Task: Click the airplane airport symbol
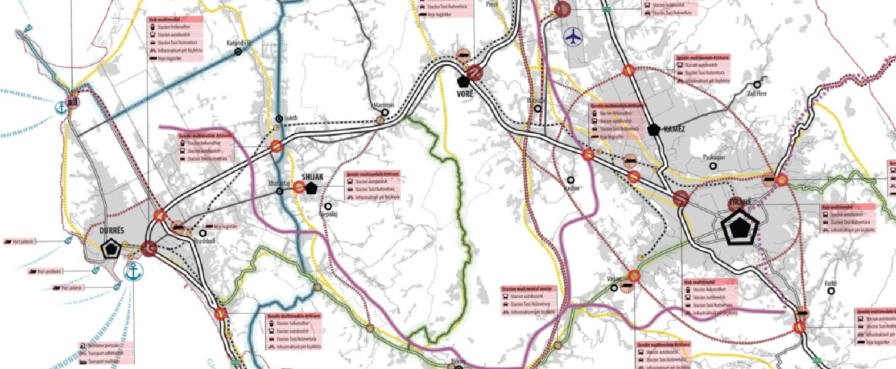pos(573,38)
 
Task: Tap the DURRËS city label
pos(112,231)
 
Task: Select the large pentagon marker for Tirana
pos(739,227)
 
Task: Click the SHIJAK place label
pos(312,177)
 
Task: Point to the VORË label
pos(465,93)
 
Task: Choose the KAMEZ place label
pos(674,129)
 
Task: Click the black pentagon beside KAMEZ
pos(654,130)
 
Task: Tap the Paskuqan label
pos(713,157)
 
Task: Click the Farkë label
pos(831,283)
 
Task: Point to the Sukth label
pos(291,118)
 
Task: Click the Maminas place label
pos(384,105)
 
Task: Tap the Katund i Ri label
pos(240,43)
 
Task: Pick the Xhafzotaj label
pos(279,184)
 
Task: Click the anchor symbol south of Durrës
pos(133,272)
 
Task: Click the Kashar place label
pos(572,188)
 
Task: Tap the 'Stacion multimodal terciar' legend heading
pos(527,289)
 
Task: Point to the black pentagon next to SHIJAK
pos(311,188)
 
